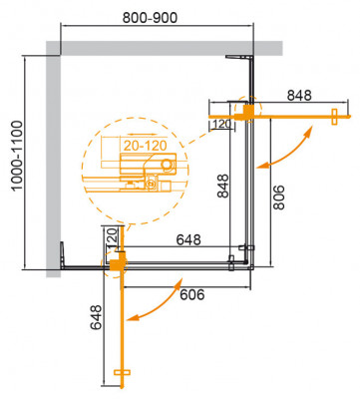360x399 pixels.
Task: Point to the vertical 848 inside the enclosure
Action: [222, 188]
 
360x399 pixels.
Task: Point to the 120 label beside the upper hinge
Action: [220, 124]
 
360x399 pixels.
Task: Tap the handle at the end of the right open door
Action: [329, 116]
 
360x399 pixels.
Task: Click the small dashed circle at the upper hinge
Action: [246, 107]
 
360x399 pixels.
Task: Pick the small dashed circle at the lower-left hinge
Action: [117, 263]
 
